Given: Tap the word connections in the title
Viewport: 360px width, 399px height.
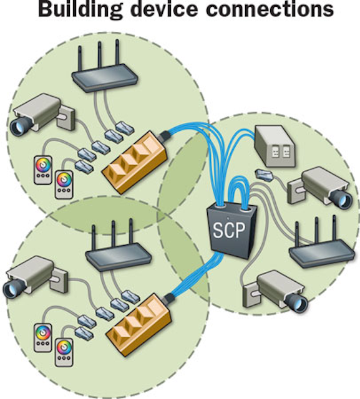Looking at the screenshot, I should (272, 11).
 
